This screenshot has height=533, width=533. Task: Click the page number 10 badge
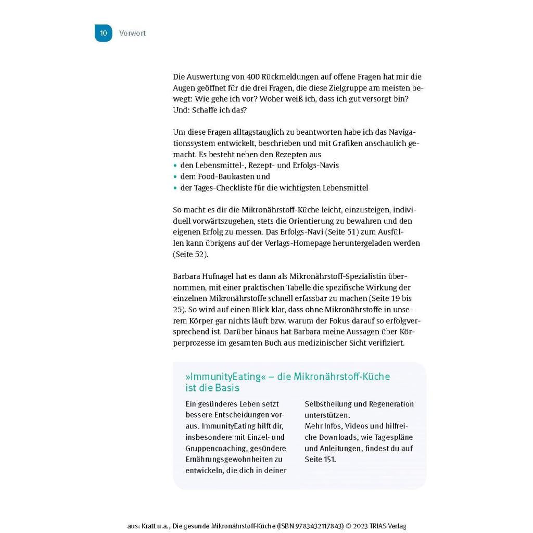tap(103, 33)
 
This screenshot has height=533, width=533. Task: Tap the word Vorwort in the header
tap(132, 33)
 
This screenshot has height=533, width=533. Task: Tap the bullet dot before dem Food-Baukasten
tap(175, 177)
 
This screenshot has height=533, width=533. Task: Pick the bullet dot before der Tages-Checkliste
tap(175, 188)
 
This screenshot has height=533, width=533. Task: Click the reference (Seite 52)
tap(191, 255)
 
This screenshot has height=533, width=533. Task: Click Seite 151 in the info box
tap(320, 459)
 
